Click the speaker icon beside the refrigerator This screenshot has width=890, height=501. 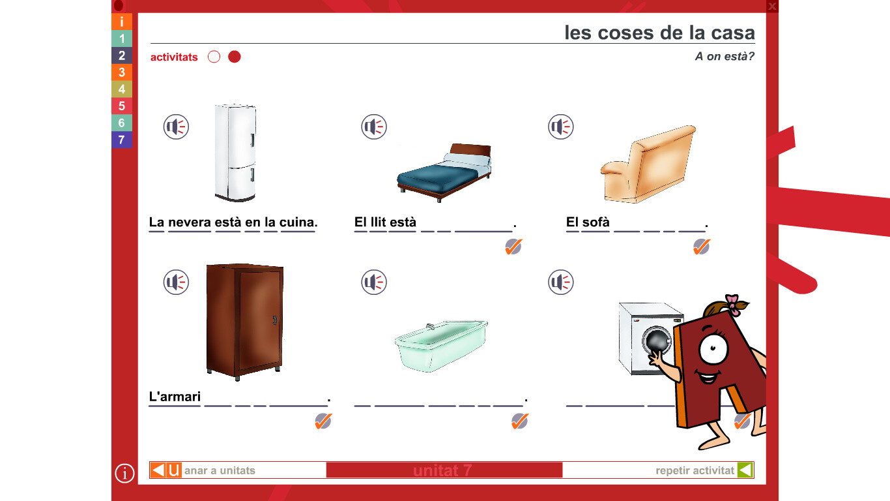tap(176, 127)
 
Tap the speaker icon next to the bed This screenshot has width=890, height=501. tap(374, 127)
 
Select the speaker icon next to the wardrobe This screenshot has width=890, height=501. tap(176, 282)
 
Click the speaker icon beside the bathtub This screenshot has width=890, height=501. tap(374, 282)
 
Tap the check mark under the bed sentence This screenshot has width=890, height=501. tap(513, 247)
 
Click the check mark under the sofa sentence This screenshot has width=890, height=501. tap(701, 247)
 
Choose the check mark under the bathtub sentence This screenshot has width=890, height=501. tap(520, 421)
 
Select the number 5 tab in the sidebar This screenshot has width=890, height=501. tap(122, 106)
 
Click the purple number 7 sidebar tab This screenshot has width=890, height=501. tap(122, 140)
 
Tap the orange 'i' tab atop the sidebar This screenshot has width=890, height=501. tap(122, 22)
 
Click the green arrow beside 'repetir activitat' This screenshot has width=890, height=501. tap(745, 470)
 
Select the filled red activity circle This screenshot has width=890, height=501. tap(235, 57)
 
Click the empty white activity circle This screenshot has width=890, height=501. tap(214, 57)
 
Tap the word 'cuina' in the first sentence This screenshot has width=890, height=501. tap(298, 222)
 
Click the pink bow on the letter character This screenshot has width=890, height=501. tap(732, 304)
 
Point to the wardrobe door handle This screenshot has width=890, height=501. tap(275, 320)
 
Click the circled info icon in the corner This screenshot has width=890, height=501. tap(124, 473)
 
